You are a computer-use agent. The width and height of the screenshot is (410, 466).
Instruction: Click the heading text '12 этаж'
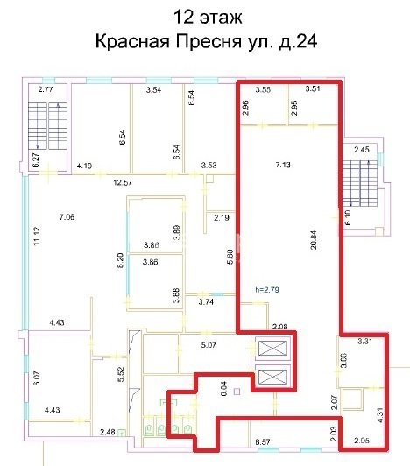pyautogui.click(x=208, y=17)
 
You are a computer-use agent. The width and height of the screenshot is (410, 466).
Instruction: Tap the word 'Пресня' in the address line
pyautogui.click(x=208, y=41)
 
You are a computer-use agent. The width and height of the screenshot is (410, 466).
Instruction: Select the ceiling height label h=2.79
pyautogui.click(x=267, y=289)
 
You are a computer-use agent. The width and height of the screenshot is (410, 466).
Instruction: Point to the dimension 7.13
pyautogui.click(x=283, y=165)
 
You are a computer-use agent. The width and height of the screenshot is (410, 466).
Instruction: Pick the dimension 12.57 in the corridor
pyautogui.click(x=123, y=182)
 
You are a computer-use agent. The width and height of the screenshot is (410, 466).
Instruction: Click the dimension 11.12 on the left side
pyautogui.click(x=37, y=237)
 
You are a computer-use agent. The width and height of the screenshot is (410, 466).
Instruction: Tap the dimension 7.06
pyautogui.click(x=67, y=217)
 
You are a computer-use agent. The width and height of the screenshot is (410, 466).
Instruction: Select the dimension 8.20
pyautogui.click(x=121, y=261)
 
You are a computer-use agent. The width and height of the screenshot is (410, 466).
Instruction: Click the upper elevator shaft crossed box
pyautogui.click(x=273, y=349)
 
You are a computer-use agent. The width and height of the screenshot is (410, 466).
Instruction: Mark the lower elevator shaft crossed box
pyautogui.click(x=273, y=377)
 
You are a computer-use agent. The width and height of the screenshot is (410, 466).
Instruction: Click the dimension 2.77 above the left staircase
pyautogui.click(x=46, y=89)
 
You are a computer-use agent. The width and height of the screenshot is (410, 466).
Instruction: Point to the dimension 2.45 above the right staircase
pyautogui.click(x=362, y=150)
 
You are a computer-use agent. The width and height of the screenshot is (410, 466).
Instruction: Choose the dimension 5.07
pyautogui.click(x=209, y=345)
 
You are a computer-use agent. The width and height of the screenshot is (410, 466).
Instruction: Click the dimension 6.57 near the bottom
pyautogui.click(x=263, y=442)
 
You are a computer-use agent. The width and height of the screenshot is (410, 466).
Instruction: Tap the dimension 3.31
pyautogui.click(x=364, y=342)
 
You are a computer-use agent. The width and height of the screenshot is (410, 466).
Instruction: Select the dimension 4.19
pyautogui.click(x=84, y=166)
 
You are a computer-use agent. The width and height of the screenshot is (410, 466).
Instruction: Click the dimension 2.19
pyautogui.click(x=222, y=217)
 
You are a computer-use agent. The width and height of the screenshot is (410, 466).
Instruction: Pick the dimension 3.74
pyautogui.click(x=206, y=302)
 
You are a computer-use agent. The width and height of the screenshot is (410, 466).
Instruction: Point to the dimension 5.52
pyautogui.click(x=121, y=375)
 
